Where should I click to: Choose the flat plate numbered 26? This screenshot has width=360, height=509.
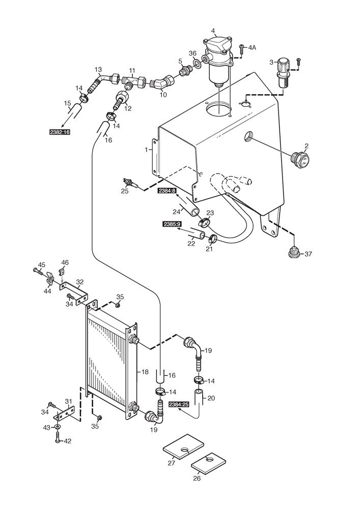208,464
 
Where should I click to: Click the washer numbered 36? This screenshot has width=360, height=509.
196,65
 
